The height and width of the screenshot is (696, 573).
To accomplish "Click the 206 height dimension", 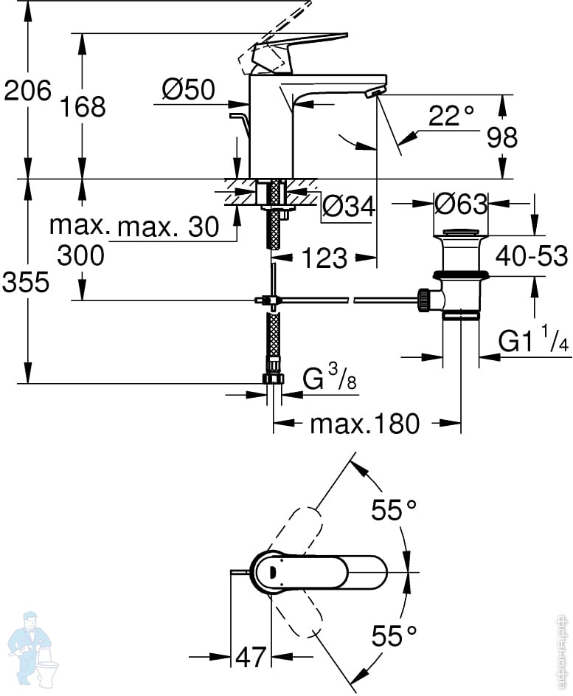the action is [x=27, y=91].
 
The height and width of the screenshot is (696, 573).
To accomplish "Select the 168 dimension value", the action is [x=83, y=107].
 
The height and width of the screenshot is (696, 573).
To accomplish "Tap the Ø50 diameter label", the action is [x=189, y=89].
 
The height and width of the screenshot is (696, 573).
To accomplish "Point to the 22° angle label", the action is [x=451, y=115].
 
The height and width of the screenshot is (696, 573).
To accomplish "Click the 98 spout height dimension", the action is [x=502, y=137].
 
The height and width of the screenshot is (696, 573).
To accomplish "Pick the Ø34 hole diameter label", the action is [x=349, y=206].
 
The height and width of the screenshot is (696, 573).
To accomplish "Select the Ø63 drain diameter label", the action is [x=461, y=204].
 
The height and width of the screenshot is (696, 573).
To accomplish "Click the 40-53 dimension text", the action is [x=532, y=256].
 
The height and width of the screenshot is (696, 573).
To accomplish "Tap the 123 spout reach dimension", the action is [x=324, y=258].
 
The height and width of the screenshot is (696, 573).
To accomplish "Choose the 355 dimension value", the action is [x=26, y=282].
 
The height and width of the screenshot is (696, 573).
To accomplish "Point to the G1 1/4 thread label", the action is [x=533, y=340].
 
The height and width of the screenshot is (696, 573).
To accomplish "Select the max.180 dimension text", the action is [x=364, y=424].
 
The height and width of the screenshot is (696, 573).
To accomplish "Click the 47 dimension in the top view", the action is [x=251, y=656].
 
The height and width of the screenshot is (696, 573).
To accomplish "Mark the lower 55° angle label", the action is [x=394, y=635].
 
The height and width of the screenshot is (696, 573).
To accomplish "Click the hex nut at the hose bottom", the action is [x=273, y=379].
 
